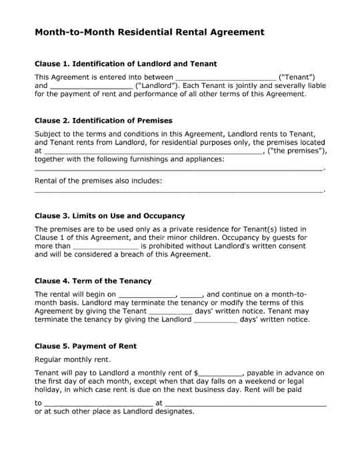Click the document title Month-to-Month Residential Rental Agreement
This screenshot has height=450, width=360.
(149, 32)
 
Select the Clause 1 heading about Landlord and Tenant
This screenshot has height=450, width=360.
(125, 64)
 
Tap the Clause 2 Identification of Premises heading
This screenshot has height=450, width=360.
(103, 121)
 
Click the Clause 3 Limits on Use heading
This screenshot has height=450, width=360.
(109, 216)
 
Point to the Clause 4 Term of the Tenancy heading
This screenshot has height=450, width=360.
(93, 281)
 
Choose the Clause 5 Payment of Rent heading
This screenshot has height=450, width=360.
(85, 346)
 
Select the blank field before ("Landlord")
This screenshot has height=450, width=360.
(91, 86)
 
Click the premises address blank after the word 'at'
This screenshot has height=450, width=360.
(153, 151)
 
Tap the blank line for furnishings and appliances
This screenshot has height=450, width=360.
(179, 170)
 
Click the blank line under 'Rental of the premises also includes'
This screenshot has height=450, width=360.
(179, 191)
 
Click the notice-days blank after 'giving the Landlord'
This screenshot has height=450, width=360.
(215, 319)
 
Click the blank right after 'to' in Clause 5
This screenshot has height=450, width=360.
(98, 403)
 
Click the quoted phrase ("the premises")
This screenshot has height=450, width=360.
(297, 151)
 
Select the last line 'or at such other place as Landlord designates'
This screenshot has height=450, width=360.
(114, 411)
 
